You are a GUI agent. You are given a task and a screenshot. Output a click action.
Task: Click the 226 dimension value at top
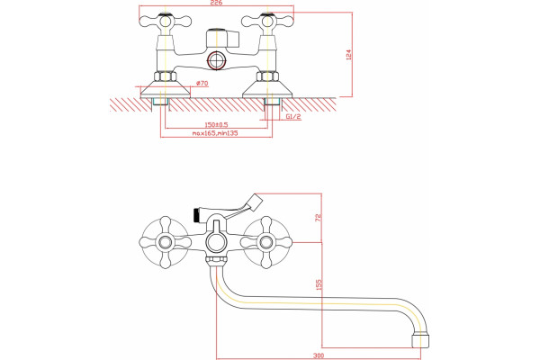pyautogui.click(x=216, y=3)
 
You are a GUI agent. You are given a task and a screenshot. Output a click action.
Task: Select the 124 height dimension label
pyautogui.click(x=348, y=55)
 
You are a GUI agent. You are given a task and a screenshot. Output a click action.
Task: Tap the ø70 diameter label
pyautogui.click(x=202, y=83)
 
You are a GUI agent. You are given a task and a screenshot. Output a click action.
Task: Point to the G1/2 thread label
pyautogui.click(x=293, y=117)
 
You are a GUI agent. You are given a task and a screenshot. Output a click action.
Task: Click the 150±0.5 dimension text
pyautogui.click(x=216, y=125)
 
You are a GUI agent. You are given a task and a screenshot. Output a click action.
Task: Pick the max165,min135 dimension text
pyautogui.click(x=215, y=133)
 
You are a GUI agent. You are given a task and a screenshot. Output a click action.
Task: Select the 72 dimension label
pyautogui.click(x=319, y=218)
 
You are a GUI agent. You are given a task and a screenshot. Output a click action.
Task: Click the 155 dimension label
pyautogui.click(x=319, y=284)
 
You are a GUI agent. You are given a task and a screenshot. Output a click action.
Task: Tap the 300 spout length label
pyautogui.click(x=319, y=355)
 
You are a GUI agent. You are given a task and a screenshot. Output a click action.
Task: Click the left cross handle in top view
pyautogui.click(x=165, y=22)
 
